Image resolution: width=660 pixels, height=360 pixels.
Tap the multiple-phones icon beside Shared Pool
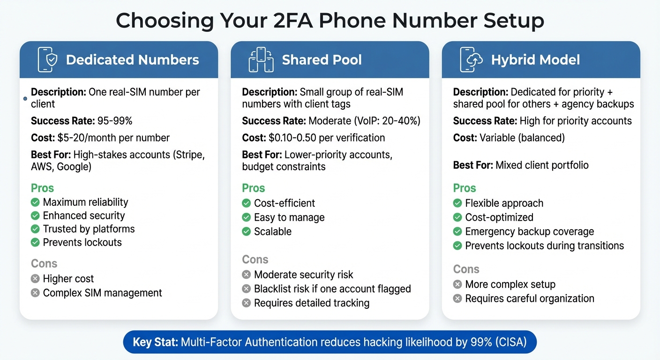click(261, 60)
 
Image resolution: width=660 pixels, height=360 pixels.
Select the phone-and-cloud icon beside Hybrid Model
click(471, 60)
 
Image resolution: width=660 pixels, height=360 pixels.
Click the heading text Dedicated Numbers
click(133, 60)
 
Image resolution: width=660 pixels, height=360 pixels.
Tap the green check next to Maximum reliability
click(35, 202)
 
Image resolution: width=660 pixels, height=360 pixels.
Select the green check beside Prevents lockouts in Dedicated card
click(35, 242)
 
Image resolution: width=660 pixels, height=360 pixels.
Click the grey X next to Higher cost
click(35, 279)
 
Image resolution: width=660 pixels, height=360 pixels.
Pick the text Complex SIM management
click(102, 293)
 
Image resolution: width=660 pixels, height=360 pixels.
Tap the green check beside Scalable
click(247, 232)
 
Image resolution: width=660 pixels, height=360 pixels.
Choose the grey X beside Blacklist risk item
click(247, 289)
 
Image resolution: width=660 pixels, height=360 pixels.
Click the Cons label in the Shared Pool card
click(255, 259)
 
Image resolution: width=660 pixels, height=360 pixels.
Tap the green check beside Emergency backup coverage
click(457, 232)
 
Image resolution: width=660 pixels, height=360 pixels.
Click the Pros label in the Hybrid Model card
click(465, 188)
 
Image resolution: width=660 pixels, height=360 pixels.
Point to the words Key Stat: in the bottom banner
click(155, 343)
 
